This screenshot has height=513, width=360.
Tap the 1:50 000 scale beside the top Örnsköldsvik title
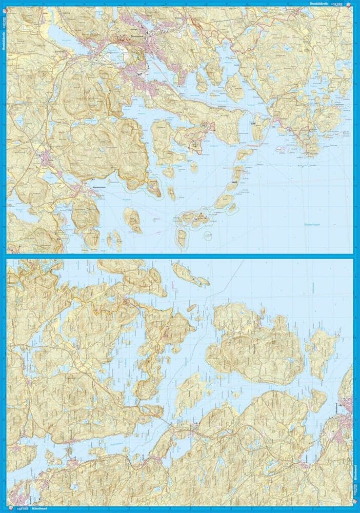point(337,4)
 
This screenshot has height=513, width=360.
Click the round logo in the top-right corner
point(350,4)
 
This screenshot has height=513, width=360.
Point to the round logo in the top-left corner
point(4,4)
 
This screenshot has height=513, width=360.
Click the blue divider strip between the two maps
point(180,255)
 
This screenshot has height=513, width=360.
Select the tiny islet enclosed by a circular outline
point(208,235)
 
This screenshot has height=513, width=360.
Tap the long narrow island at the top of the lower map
point(190,274)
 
